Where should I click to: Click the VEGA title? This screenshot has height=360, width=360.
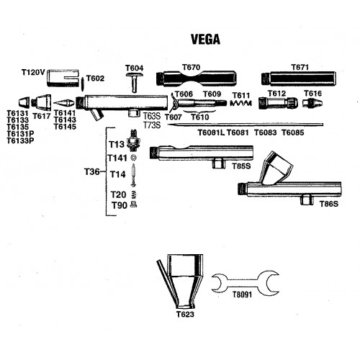pyautogui.click(x=206, y=40)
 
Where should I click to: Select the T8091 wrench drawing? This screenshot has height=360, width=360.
pyautogui.click(x=245, y=283)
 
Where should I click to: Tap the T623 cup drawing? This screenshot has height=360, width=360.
pyautogui.click(x=180, y=282)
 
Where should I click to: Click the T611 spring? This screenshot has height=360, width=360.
pyautogui.click(x=240, y=104)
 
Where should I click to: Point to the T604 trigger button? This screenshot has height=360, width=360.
pyautogui.click(x=135, y=81)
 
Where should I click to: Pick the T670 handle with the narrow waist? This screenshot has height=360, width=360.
pyautogui.click(x=196, y=78)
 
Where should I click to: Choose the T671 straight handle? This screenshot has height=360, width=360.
pyautogui.click(x=298, y=78)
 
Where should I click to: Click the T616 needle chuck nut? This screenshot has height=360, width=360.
pyautogui.click(x=312, y=103)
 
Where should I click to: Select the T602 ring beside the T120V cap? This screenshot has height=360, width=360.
pyautogui.click(x=83, y=84)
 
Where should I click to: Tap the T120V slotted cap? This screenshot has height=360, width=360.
pyautogui.click(x=63, y=78)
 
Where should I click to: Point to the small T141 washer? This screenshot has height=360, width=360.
pyautogui.click(x=133, y=158)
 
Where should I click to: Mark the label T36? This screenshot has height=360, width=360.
pyautogui.click(x=91, y=172)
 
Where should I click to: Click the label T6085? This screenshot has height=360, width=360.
pyautogui.click(x=293, y=132)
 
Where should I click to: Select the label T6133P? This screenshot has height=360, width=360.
pyautogui.click(x=20, y=140)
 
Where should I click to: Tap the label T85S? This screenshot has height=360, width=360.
pyautogui.click(x=241, y=166)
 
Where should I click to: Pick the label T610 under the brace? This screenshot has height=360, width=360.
pyautogui.click(x=200, y=117)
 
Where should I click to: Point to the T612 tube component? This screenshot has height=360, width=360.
pyautogui.click(x=278, y=103)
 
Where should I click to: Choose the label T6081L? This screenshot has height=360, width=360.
pyautogui.click(x=211, y=132)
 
